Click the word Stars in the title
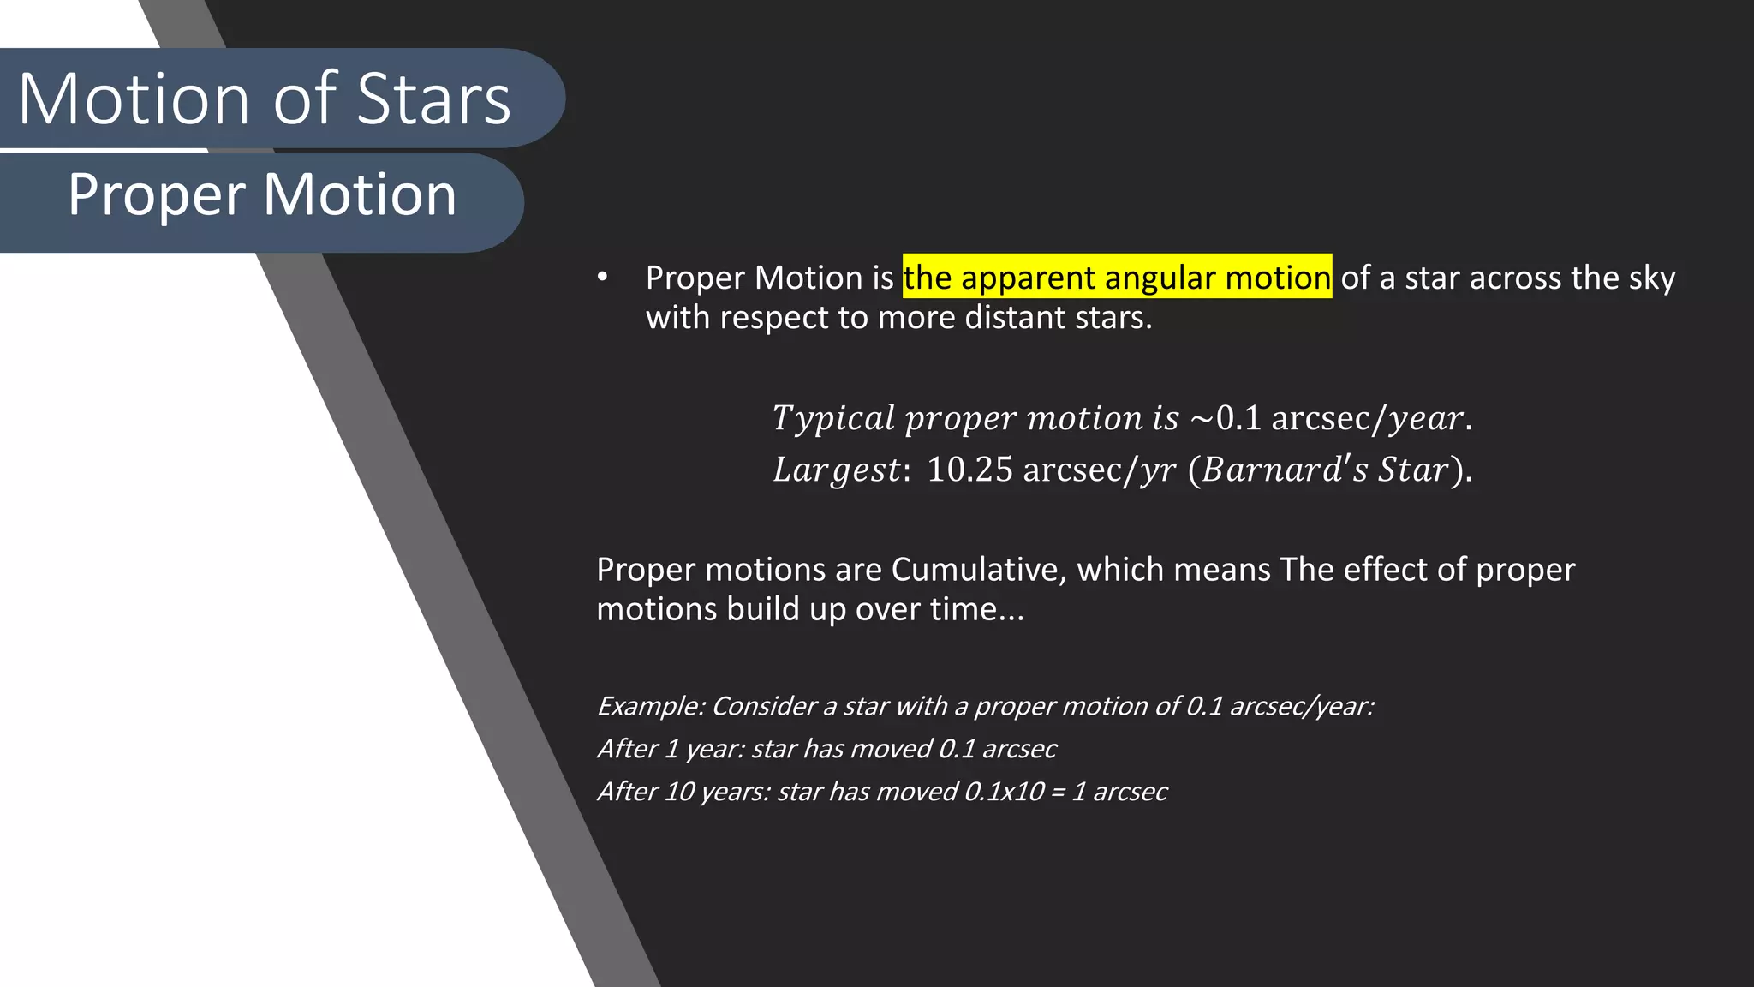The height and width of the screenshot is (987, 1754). pyautogui.click(x=433, y=99)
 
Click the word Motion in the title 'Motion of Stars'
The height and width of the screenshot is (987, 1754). pyautogui.click(x=134, y=99)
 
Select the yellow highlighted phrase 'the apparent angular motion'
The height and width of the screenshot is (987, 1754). pyautogui.click(x=1117, y=278)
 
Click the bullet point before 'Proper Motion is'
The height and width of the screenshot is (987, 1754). pyautogui.click(x=603, y=277)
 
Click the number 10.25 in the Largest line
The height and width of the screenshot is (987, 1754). pyautogui.click(x=969, y=470)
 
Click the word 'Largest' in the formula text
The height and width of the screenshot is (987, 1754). pyautogui.click(x=837, y=470)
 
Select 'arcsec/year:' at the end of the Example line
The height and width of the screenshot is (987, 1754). pyautogui.click(x=1302, y=706)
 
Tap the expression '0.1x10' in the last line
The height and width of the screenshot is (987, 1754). pyautogui.click(x=1004, y=792)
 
